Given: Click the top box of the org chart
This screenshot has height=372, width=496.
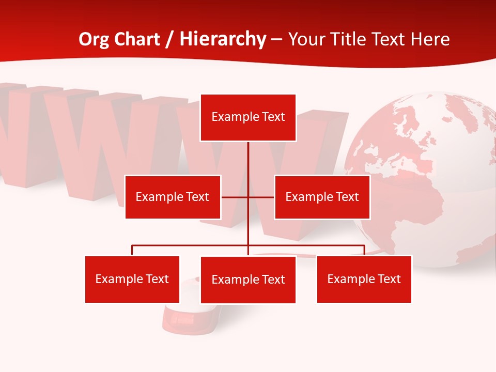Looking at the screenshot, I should [248, 117].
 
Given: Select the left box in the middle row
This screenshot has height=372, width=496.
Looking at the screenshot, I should [173, 197].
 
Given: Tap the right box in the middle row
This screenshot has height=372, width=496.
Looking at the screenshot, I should [322, 197].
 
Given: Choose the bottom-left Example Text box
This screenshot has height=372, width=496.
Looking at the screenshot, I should [132, 279].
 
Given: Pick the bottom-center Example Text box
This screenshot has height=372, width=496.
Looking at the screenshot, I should [248, 280].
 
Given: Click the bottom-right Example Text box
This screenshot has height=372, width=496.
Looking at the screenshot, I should [364, 279].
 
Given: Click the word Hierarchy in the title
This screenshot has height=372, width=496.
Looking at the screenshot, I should [223, 39].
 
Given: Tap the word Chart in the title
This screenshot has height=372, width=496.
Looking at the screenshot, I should [138, 39].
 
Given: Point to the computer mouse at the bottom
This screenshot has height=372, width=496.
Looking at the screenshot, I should [189, 315].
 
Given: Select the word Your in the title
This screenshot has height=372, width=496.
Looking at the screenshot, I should [307, 39].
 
